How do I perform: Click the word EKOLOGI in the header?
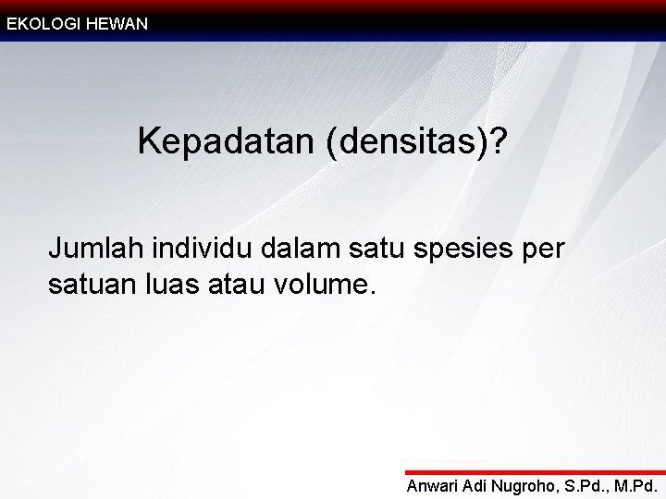43,24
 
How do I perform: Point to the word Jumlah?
95,249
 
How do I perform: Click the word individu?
201,249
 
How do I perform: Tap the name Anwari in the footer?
434,486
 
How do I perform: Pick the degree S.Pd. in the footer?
588,486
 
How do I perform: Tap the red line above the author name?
536,472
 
